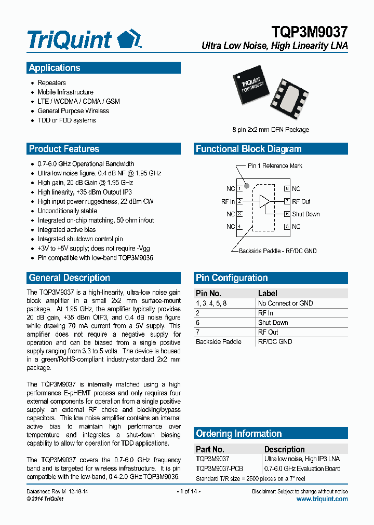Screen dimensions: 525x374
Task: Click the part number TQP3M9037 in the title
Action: pyautogui.click(x=310, y=33)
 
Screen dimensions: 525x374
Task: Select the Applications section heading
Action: pyautogui.click(x=55, y=68)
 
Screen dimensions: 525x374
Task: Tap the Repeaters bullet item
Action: pyautogui.click(x=51, y=83)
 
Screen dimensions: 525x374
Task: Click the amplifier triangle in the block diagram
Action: pyautogui.click(x=265, y=201)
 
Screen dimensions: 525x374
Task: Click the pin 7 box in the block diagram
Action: pyautogui.click(x=287, y=202)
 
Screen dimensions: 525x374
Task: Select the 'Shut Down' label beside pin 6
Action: pyautogui.click(x=305, y=214)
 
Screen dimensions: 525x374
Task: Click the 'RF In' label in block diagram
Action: pyautogui.click(x=228, y=202)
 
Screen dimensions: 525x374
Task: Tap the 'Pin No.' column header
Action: pyautogui.click(x=208, y=293)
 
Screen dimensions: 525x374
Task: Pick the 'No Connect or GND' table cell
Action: pyautogui.click(x=285, y=303)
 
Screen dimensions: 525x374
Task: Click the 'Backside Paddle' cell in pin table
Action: pyautogui.click(x=218, y=342)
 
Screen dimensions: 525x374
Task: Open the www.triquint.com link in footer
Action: pyautogui.click(x=322, y=499)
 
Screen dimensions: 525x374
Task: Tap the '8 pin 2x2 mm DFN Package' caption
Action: pyautogui.click(x=270, y=130)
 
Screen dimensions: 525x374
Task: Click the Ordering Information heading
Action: pyautogui.click(x=238, y=434)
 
